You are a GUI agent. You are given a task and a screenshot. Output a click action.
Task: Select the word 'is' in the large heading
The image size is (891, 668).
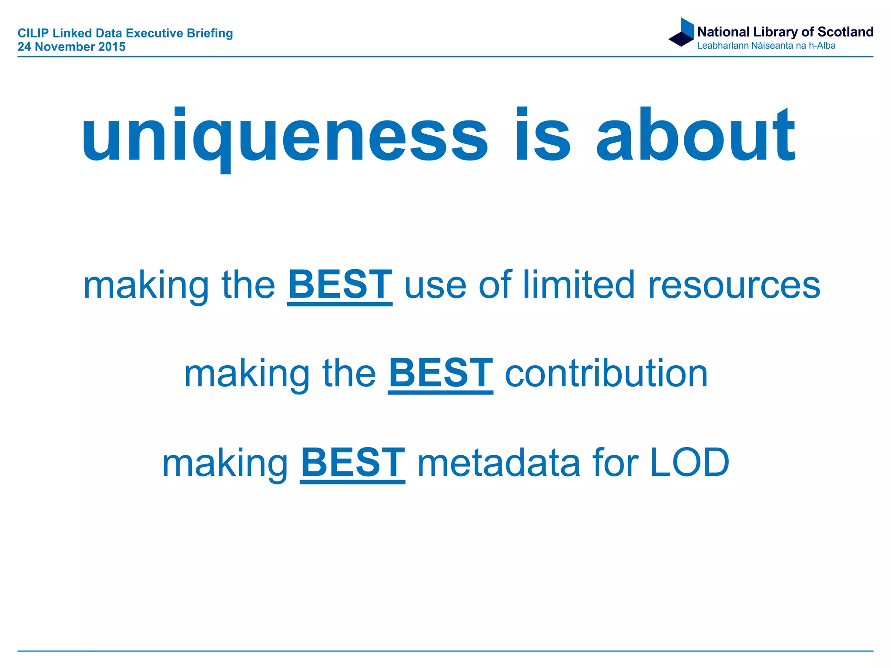542,136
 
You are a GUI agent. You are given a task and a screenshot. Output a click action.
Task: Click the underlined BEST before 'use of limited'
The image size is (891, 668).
340,285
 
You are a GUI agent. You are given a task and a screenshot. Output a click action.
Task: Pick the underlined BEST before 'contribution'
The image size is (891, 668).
440,373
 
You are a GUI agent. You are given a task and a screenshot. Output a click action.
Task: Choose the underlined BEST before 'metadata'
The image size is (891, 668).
352,463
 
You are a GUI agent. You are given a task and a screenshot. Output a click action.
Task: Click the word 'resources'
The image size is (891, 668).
734,286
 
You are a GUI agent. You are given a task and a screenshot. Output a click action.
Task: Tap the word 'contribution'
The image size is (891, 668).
606,373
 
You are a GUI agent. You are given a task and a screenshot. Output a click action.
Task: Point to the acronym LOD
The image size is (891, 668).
689,463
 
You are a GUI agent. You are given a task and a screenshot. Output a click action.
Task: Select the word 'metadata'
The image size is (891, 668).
499,463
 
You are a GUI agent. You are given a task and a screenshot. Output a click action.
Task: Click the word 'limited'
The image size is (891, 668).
579,285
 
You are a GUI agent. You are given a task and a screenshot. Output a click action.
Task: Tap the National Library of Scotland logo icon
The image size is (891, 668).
682,33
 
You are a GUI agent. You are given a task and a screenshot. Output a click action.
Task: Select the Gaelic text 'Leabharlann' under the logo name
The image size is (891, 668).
722,46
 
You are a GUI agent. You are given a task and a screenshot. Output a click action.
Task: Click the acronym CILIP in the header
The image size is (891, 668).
33,33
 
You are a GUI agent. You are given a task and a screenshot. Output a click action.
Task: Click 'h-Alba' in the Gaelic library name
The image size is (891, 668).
822,46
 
